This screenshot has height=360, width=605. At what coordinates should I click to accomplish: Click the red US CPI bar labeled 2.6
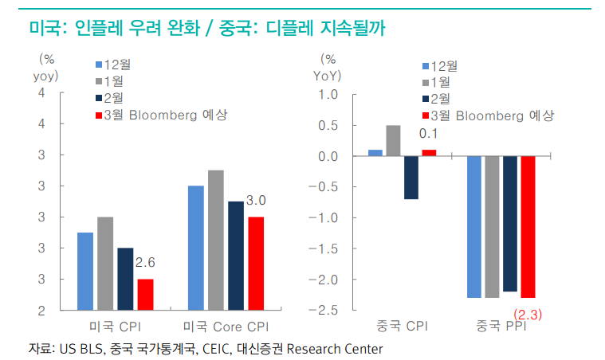coord(144,294)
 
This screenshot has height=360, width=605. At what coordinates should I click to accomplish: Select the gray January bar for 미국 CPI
coord(105,263)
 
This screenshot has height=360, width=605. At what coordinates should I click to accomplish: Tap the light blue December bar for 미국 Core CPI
coord(196,247)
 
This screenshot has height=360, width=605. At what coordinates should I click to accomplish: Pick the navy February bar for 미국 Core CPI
coord(235,255)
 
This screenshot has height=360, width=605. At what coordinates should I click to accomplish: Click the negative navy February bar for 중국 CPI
coord(411,177)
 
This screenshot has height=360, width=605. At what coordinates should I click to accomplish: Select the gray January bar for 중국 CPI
coord(393,141)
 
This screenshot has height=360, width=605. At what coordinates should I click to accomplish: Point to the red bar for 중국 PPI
coord(527,226)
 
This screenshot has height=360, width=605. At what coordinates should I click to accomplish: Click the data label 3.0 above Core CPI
coord(256,200)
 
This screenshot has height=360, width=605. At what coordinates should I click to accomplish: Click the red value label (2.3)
coord(527,314)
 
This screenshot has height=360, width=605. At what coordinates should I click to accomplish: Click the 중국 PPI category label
coord(501,327)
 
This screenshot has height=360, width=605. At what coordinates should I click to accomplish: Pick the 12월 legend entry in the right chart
coord(443,66)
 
